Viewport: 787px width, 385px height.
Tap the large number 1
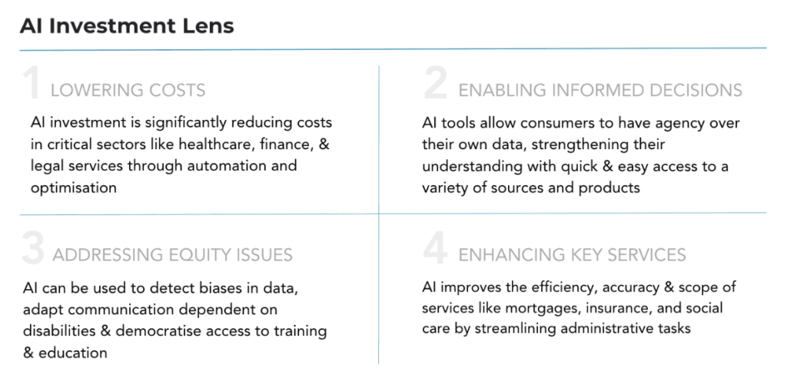pos(32,85)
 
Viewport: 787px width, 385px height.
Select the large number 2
pos(435,85)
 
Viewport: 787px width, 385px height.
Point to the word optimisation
pos(74,188)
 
